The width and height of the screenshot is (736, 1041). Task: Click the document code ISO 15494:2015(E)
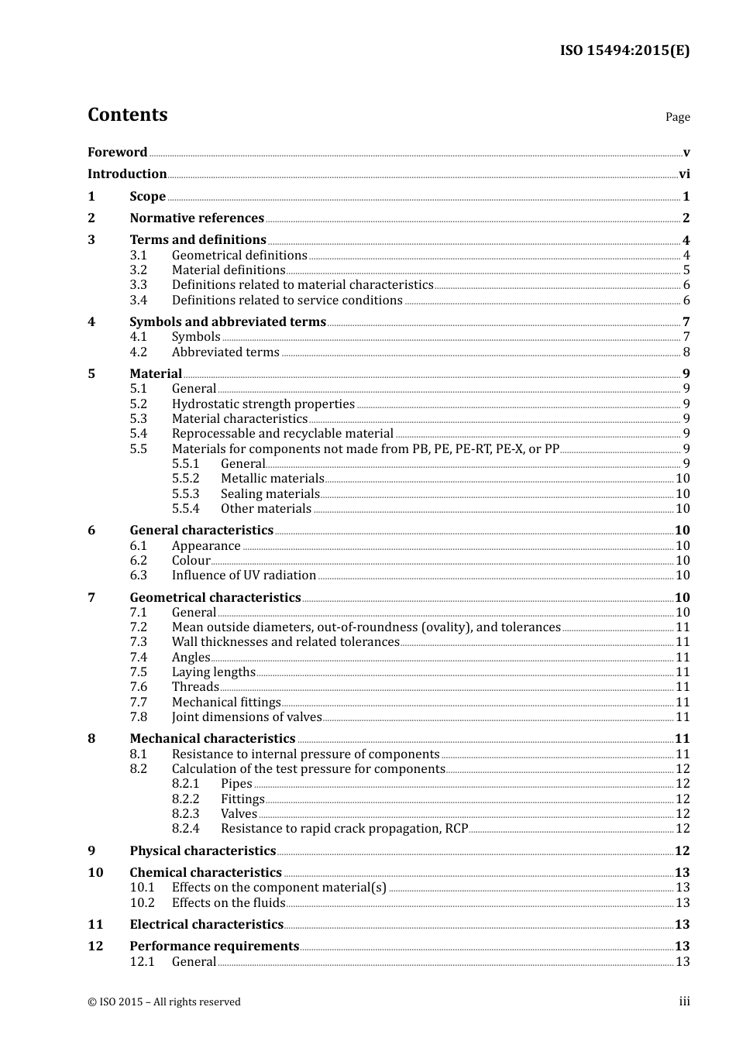(x=624, y=50)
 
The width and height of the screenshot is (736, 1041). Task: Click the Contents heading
(x=127, y=115)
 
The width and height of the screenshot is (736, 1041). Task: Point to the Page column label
(x=677, y=117)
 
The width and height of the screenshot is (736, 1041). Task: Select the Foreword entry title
(x=117, y=152)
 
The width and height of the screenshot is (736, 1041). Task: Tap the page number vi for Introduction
(x=684, y=174)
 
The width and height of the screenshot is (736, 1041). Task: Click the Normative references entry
(x=197, y=218)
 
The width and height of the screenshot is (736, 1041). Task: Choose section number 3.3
(x=138, y=285)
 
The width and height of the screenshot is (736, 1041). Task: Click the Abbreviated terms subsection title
(x=225, y=352)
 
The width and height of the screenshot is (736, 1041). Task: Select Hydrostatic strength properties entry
(x=263, y=404)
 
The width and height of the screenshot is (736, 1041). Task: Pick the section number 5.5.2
(x=185, y=479)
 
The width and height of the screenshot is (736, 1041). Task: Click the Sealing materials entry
(x=270, y=494)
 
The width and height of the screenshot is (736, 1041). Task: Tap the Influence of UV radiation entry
(x=243, y=575)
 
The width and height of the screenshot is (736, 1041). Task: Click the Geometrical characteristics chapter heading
(x=215, y=598)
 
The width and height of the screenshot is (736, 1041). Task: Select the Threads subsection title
(x=195, y=687)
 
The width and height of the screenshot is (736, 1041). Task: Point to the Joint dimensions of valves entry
(x=246, y=717)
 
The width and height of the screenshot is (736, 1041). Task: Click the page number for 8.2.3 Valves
(x=683, y=814)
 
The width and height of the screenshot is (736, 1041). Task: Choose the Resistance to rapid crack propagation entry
(x=344, y=829)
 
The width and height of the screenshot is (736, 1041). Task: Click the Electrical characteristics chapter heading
(x=206, y=925)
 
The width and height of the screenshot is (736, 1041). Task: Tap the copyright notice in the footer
(x=164, y=1002)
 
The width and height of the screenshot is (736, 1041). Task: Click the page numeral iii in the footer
(x=684, y=1001)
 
